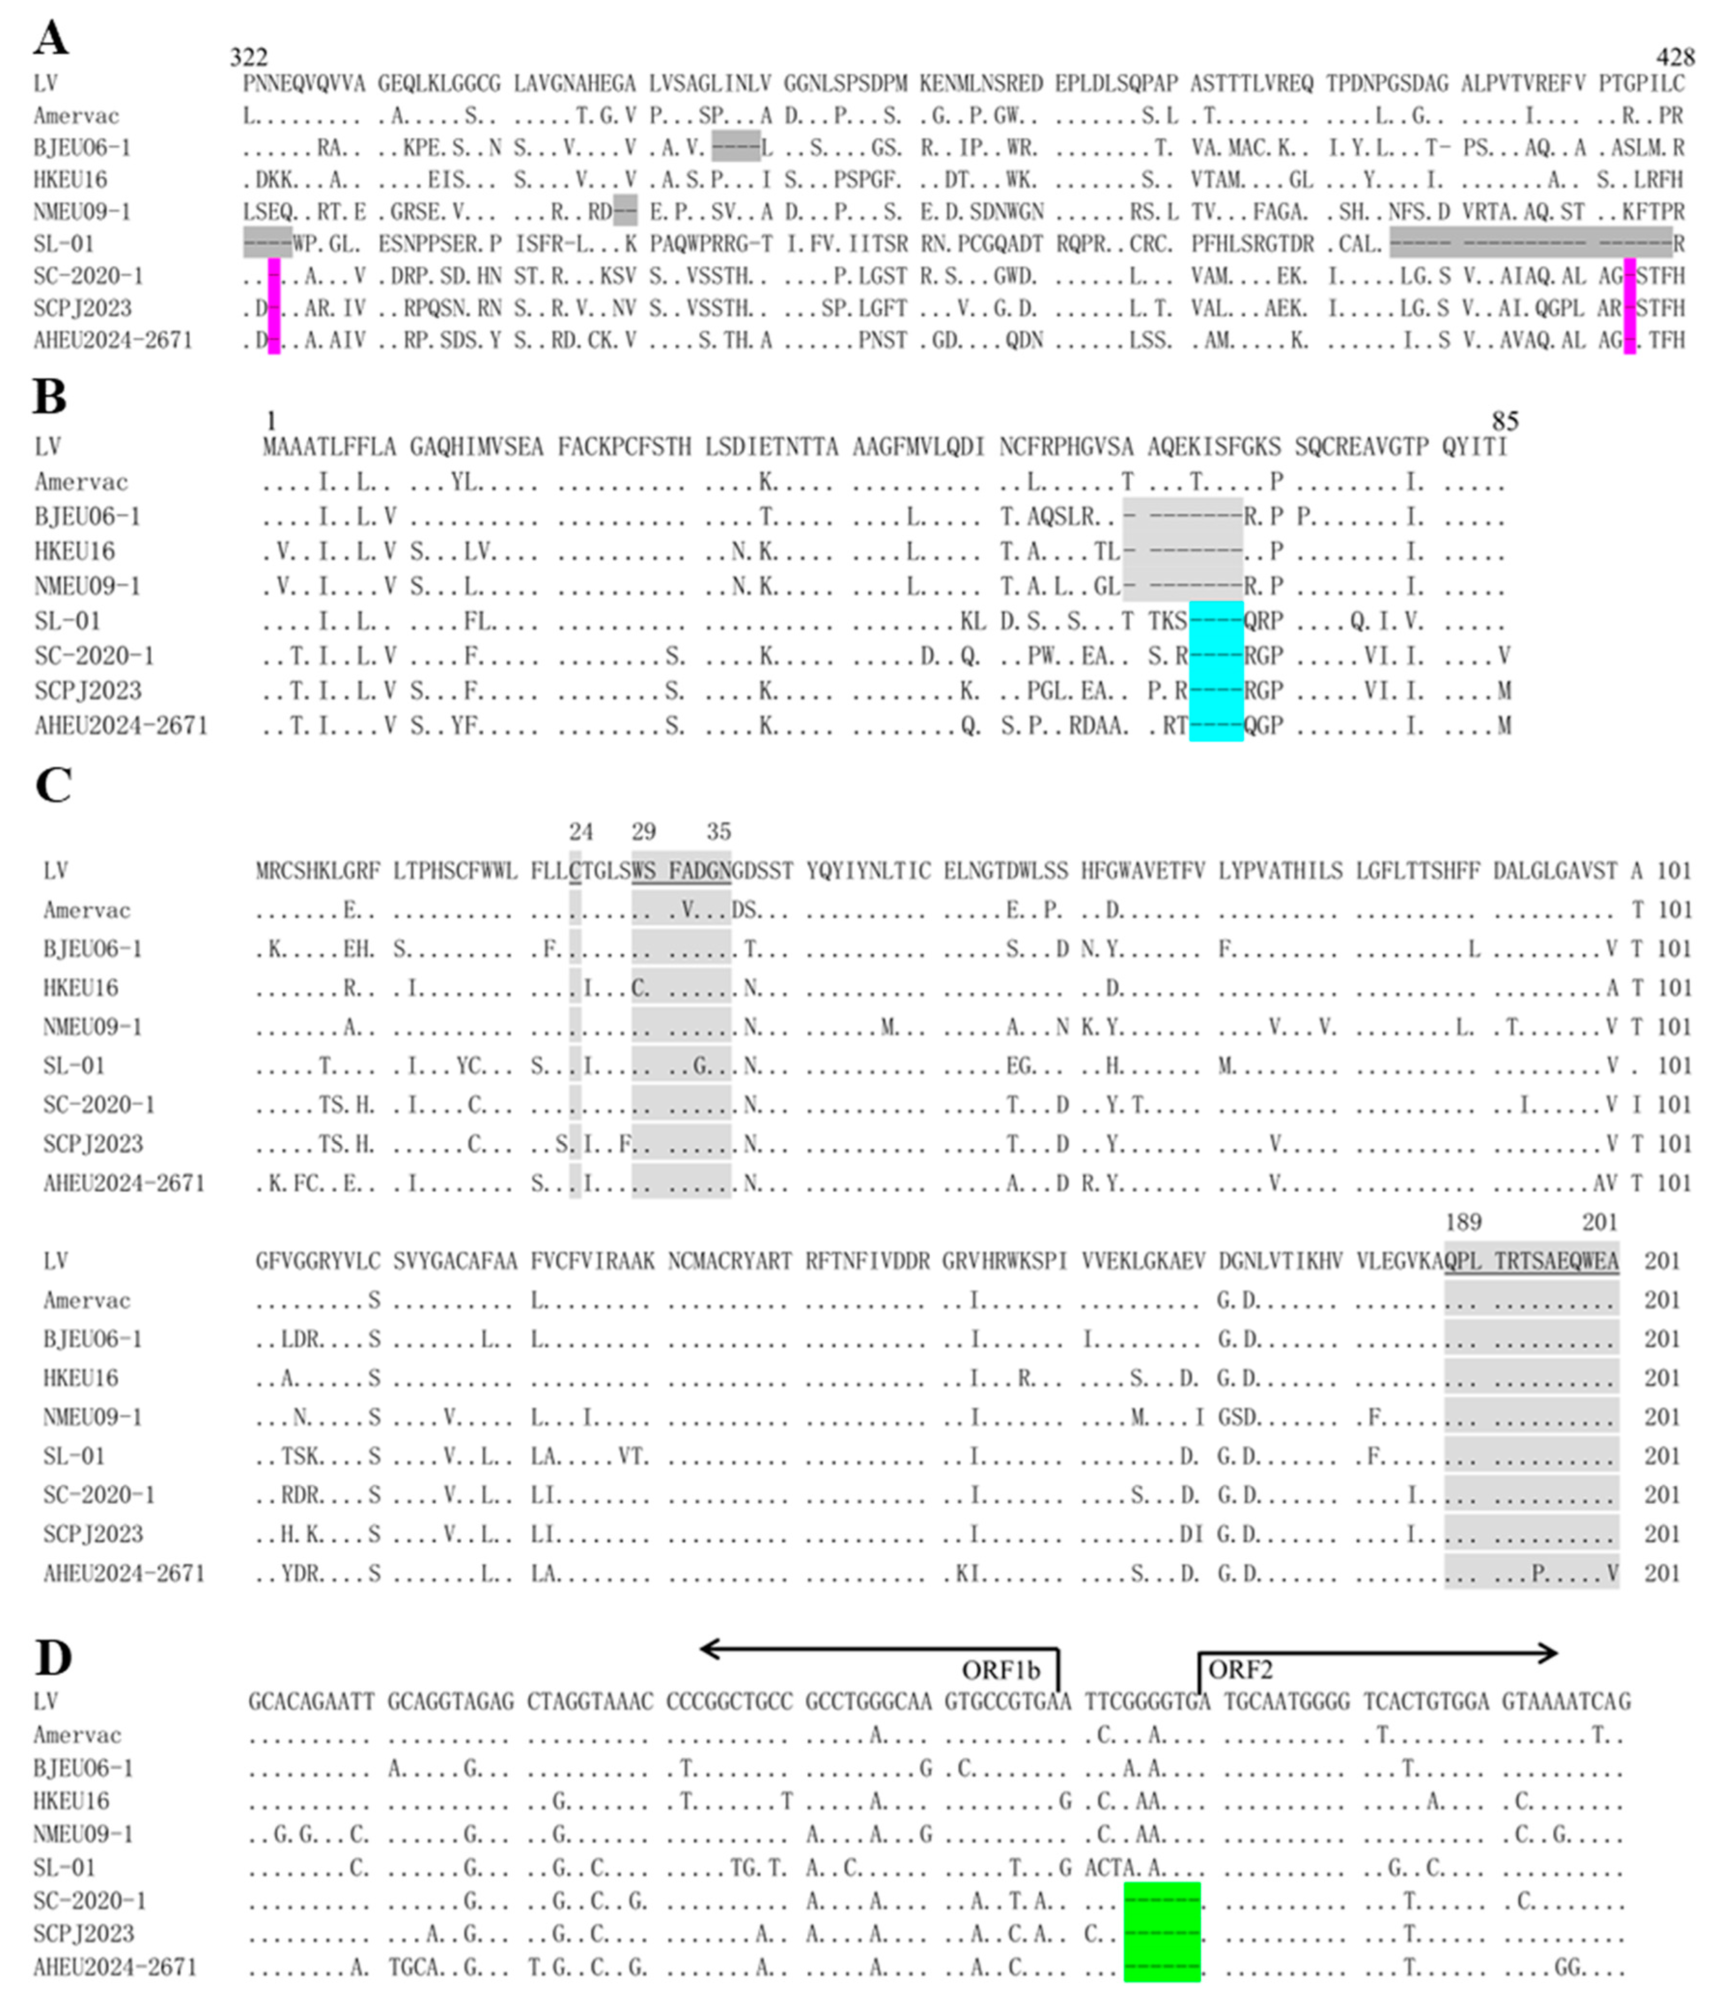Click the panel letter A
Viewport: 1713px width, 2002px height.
pyautogui.click(x=50, y=39)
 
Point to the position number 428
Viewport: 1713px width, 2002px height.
pyautogui.click(x=1675, y=57)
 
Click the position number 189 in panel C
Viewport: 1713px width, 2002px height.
pyautogui.click(x=1463, y=1222)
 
